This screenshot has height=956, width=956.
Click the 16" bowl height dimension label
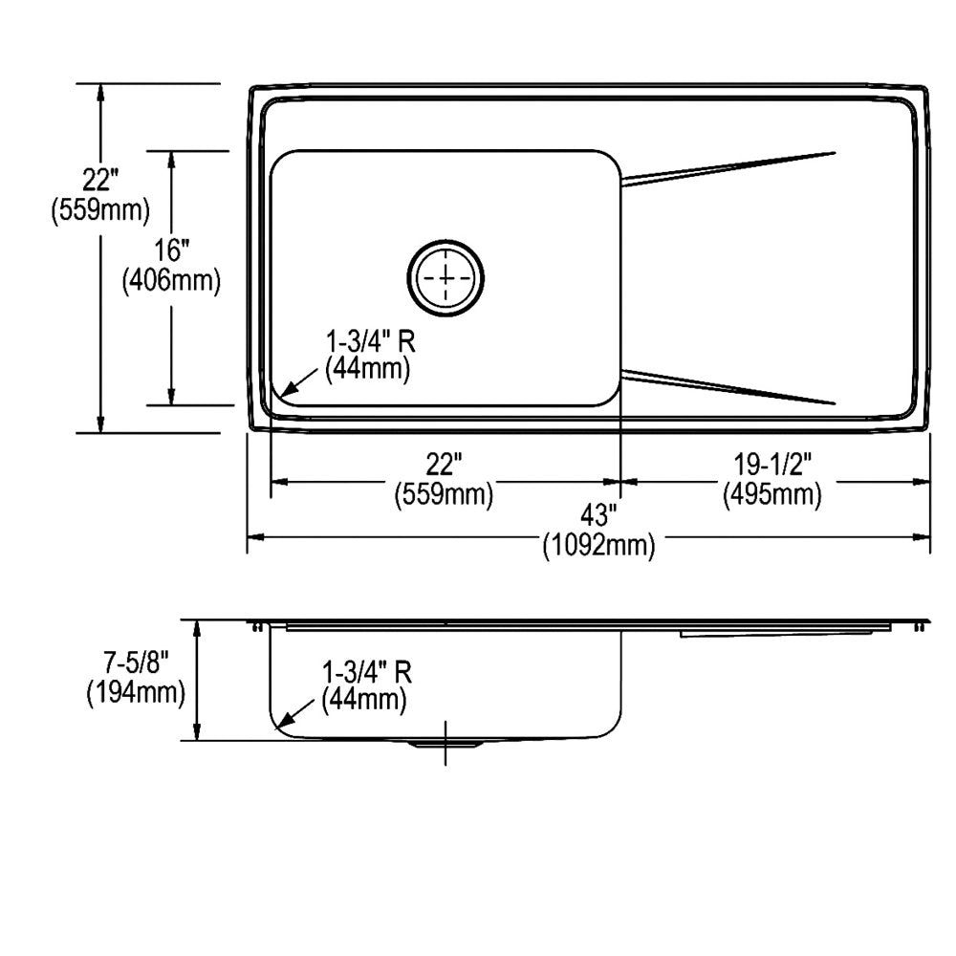tap(172, 251)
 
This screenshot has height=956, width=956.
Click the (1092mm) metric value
tap(598, 547)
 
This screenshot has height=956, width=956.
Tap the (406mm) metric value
tap(172, 281)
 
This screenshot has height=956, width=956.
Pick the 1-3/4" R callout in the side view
tap(367, 673)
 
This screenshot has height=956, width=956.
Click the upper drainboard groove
tap(728, 165)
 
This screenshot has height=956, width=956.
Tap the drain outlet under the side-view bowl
tap(445, 743)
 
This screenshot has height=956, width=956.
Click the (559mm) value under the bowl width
tap(445, 494)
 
